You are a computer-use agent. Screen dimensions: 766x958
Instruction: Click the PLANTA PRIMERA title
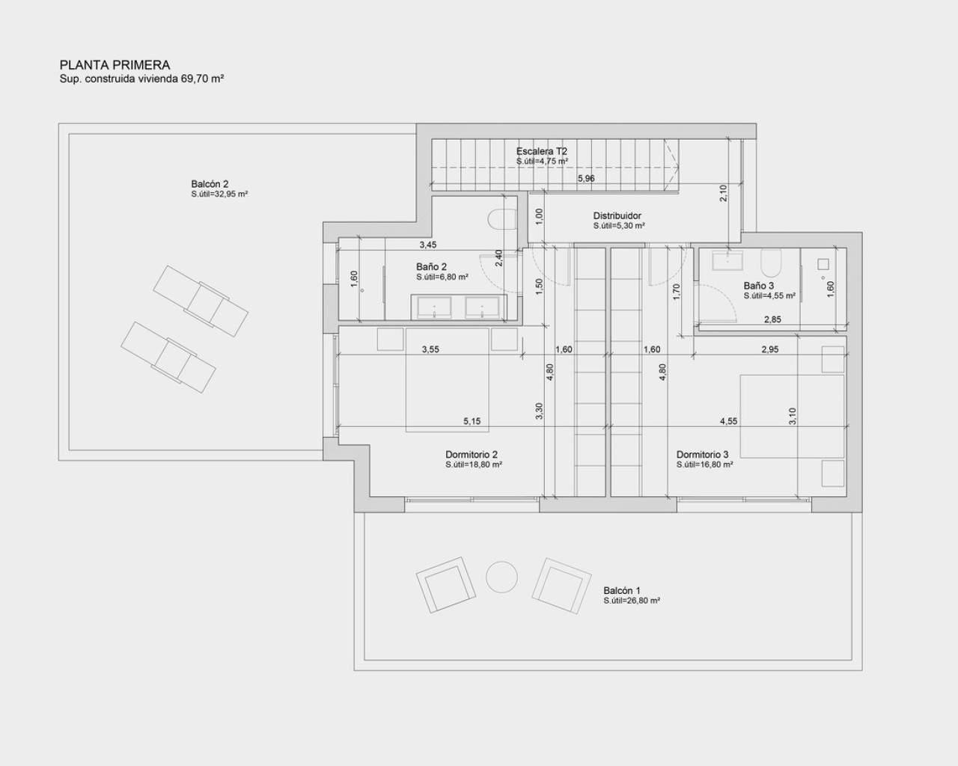(115, 65)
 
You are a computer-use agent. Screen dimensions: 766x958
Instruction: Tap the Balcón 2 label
(210, 184)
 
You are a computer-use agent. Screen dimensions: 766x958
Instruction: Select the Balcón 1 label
(622, 590)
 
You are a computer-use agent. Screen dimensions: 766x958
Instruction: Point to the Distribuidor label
(617, 216)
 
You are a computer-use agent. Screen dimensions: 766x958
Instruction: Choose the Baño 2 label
(432, 266)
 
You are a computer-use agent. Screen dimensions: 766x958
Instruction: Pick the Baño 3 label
(759, 286)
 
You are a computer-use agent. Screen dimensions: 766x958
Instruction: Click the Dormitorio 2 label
(472, 454)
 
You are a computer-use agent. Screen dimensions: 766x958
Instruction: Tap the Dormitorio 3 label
(702, 454)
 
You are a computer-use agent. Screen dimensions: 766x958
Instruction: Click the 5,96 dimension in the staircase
(587, 178)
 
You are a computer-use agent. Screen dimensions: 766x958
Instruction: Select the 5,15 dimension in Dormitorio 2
(472, 421)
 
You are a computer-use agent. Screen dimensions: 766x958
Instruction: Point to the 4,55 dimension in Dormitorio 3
(728, 421)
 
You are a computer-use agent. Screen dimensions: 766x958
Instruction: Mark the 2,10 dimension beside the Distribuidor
(723, 193)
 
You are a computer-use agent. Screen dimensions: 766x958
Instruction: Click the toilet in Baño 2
(501, 218)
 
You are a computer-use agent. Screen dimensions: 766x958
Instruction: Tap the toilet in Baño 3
(771, 263)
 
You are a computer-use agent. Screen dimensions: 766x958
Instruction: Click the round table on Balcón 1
(501, 577)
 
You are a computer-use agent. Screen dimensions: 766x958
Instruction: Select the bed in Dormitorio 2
(448, 379)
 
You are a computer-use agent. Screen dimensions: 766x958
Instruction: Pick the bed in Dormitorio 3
(792, 416)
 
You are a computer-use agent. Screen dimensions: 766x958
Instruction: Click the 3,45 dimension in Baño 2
(427, 245)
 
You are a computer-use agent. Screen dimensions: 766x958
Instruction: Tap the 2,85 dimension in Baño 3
(772, 319)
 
